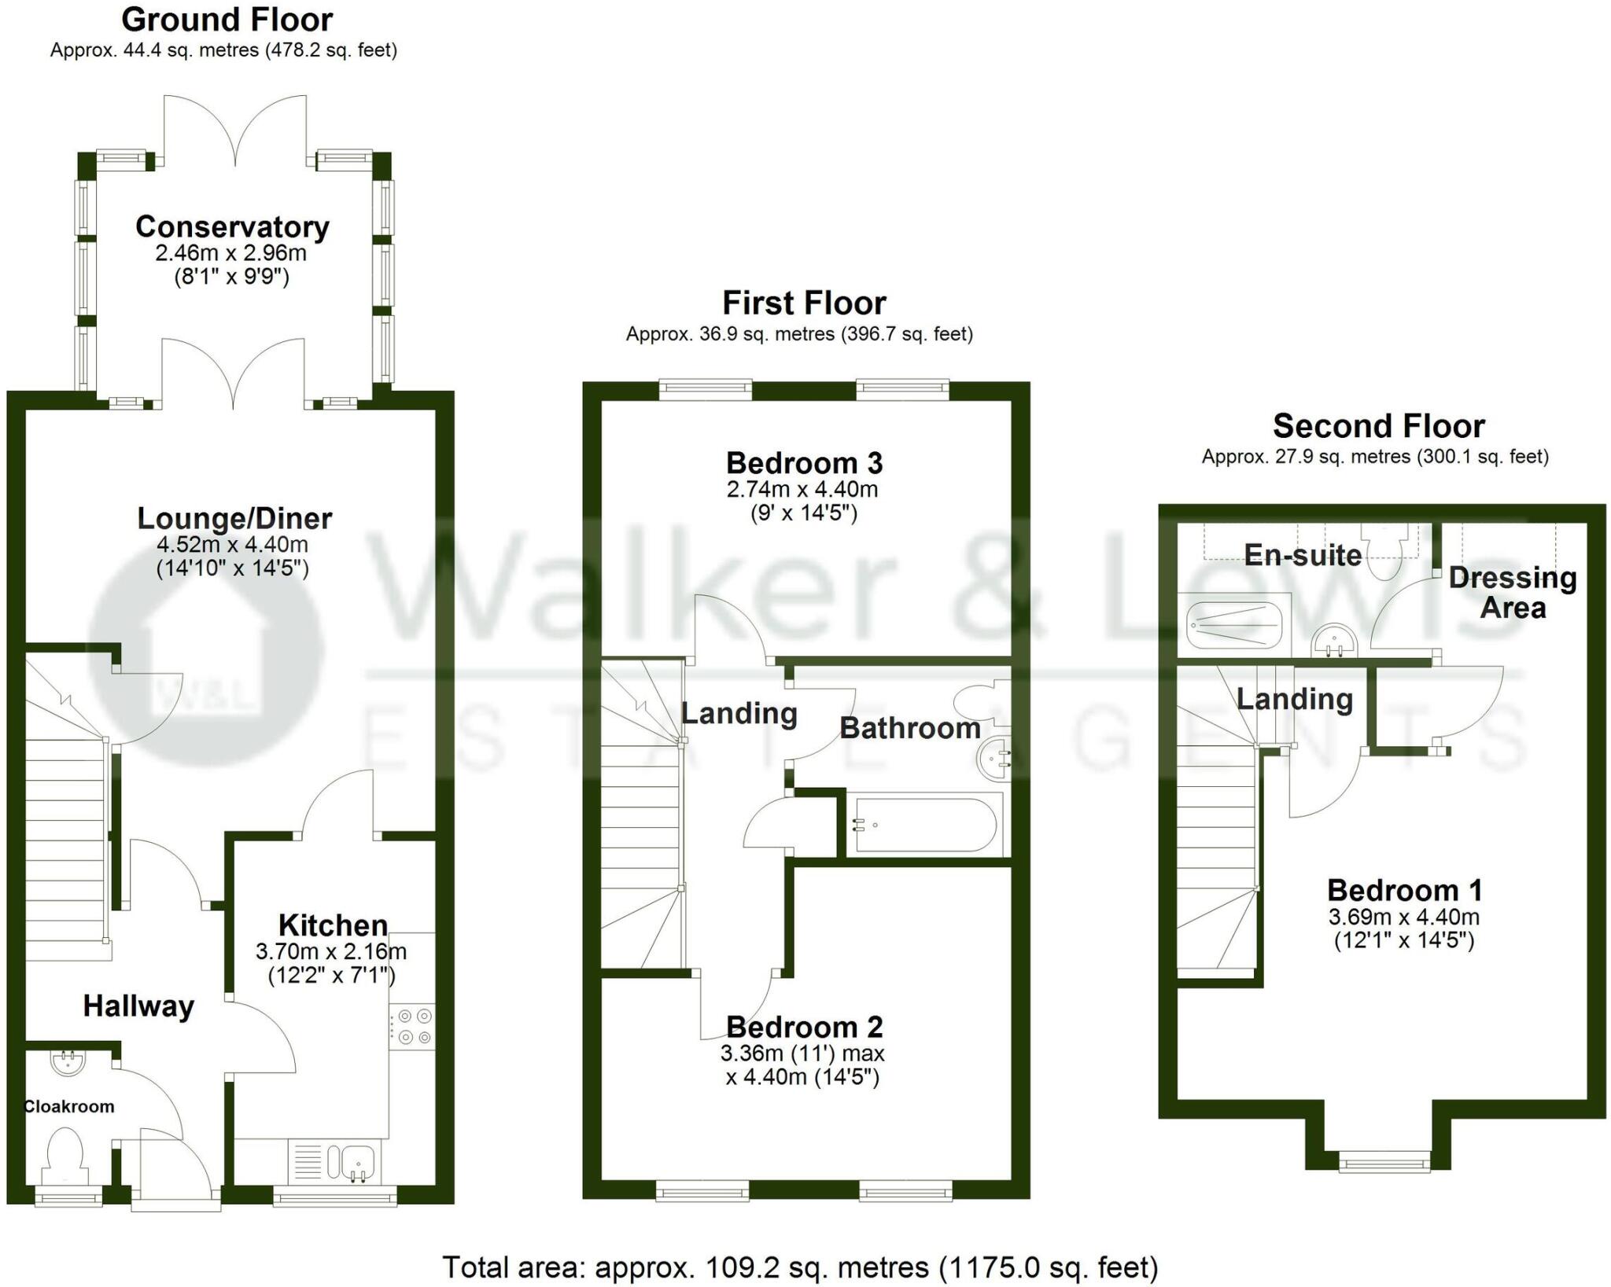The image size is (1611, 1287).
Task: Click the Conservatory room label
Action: pos(232,226)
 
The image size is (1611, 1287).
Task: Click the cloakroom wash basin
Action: pos(68,1062)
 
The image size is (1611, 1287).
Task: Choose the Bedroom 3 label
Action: pos(804,463)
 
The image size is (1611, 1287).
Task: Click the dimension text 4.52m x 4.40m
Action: pos(233,544)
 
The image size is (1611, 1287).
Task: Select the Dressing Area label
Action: pos(1512,592)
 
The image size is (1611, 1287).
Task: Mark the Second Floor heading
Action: pos(1378,426)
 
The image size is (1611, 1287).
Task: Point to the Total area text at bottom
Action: pos(800,1267)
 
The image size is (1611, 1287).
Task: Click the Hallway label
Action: pos(138,1006)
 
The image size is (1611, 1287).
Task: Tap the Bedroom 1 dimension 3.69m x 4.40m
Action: pos(1403,917)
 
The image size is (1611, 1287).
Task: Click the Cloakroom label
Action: pos(69,1107)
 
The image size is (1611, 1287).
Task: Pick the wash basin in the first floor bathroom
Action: pos(994,759)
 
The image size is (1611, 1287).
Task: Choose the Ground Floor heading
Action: pos(227,20)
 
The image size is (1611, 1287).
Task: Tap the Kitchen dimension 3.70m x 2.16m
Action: pos(331,951)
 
